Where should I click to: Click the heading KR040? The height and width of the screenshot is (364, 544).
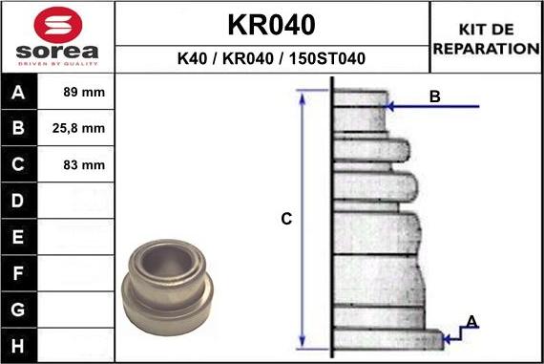coord(271,24)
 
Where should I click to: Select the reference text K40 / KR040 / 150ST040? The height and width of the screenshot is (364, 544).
coord(271,59)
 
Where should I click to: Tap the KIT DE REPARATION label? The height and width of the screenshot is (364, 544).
coord(486,39)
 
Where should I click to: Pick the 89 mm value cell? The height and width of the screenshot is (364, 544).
coord(85,93)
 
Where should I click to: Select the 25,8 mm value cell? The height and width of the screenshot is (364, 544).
coord(85,128)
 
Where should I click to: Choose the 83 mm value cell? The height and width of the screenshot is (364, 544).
coord(85,164)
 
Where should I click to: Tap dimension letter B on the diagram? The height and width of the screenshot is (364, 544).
coord(434,96)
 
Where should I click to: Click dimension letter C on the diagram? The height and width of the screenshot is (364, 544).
coord(285,220)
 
